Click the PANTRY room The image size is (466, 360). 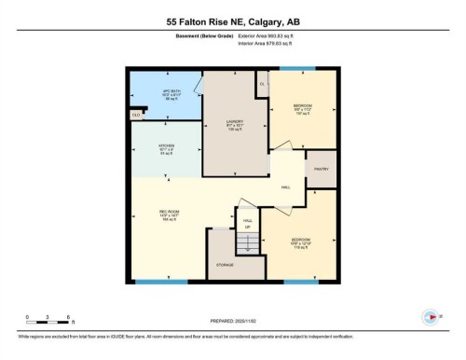tap(321, 169)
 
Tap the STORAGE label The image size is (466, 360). tap(225, 265)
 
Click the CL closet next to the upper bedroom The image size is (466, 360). tap(263, 84)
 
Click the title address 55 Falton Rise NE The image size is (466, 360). tap(233, 21)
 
